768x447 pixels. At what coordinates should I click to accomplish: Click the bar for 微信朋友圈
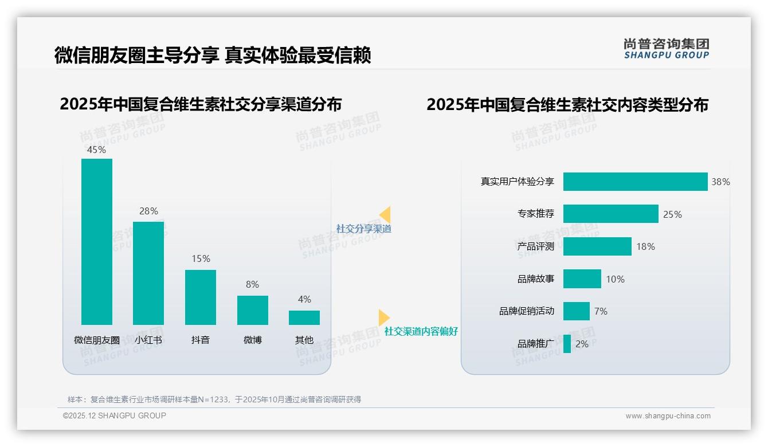click(x=96, y=241)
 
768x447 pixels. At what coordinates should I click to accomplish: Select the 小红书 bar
click(x=148, y=273)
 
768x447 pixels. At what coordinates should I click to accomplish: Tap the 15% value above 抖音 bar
click(x=201, y=259)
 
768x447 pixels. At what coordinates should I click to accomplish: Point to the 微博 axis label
click(x=252, y=340)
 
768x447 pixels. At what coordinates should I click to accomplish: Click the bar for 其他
click(x=304, y=317)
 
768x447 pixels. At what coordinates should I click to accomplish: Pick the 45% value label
click(x=96, y=150)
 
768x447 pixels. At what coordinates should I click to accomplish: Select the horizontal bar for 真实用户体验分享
click(x=635, y=182)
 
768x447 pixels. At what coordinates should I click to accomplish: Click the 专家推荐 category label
click(x=535, y=214)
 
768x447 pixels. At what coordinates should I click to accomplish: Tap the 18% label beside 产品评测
click(x=645, y=246)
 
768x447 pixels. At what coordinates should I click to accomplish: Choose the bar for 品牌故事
click(x=582, y=279)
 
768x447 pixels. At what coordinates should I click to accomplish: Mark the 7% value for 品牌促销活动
click(x=601, y=311)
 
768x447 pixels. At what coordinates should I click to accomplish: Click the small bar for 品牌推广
click(x=567, y=344)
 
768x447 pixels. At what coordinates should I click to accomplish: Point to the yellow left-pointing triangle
click(x=385, y=215)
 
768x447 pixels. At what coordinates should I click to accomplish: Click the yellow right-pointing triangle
click(x=383, y=317)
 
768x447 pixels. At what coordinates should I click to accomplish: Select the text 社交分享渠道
click(x=363, y=229)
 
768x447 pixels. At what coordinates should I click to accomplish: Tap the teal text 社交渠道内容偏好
click(x=421, y=331)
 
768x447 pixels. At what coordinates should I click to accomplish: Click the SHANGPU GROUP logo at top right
click(x=666, y=49)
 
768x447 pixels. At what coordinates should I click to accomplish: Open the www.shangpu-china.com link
click(x=668, y=416)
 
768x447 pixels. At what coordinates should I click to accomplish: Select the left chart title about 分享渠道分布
click(x=201, y=104)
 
